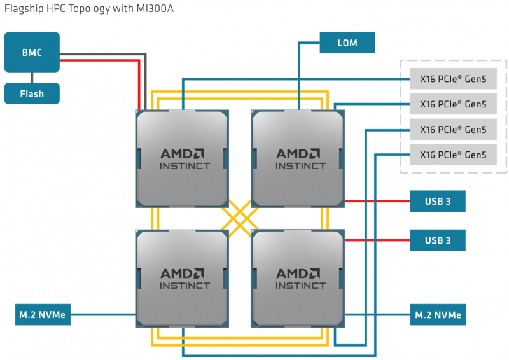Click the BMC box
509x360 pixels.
(x=32, y=52)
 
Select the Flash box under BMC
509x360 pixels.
(x=32, y=93)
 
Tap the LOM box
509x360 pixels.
(x=347, y=43)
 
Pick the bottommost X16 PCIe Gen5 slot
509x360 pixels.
(x=453, y=155)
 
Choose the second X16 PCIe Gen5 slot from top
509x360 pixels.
(x=453, y=104)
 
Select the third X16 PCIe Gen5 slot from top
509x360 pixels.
(x=453, y=130)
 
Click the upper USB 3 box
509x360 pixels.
(x=438, y=202)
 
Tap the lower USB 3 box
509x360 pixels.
(x=438, y=240)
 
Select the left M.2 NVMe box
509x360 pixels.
(x=43, y=314)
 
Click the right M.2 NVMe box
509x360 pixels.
(x=438, y=314)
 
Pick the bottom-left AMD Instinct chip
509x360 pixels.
(x=183, y=279)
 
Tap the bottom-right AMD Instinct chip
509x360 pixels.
(x=299, y=279)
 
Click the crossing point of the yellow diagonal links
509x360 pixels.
(x=241, y=219)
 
